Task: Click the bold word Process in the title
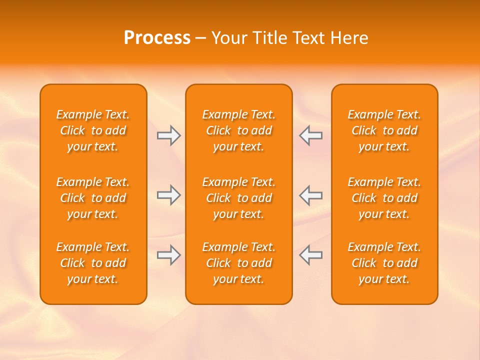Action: pyautogui.click(x=157, y=38)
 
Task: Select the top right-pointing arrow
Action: pyautogui.click(x=168, y=135)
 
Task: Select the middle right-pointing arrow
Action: pyautogui.click(x=168, y=195)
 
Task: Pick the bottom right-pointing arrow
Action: pyautogui.click(x=168, y=255)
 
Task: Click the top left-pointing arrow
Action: pyautogui.click(x=311, y=135)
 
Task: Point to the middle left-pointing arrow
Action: pyautogui.click(x=311, y=195)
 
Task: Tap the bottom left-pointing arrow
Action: pyautogui.click(x=311, y=255)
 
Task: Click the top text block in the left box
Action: pyautogui.click(x=93, y=130)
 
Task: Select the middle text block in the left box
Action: pyautogui.click(x=93, y=198)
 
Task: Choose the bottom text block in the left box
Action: pyautogui.click(x=93, y=263)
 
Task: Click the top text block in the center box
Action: pyautogui.click(x=239, y=130)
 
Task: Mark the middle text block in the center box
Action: pyautogui.click(x=239, y=198)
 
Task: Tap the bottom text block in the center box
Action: pyautogui.click(x=239, y=263)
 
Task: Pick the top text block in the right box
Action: pyautogui.click(x=384, y=130)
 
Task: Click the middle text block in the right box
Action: pyautogui.click(x=384, y=198)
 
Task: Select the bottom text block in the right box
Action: pyautogui.click(x=384, y=263)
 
